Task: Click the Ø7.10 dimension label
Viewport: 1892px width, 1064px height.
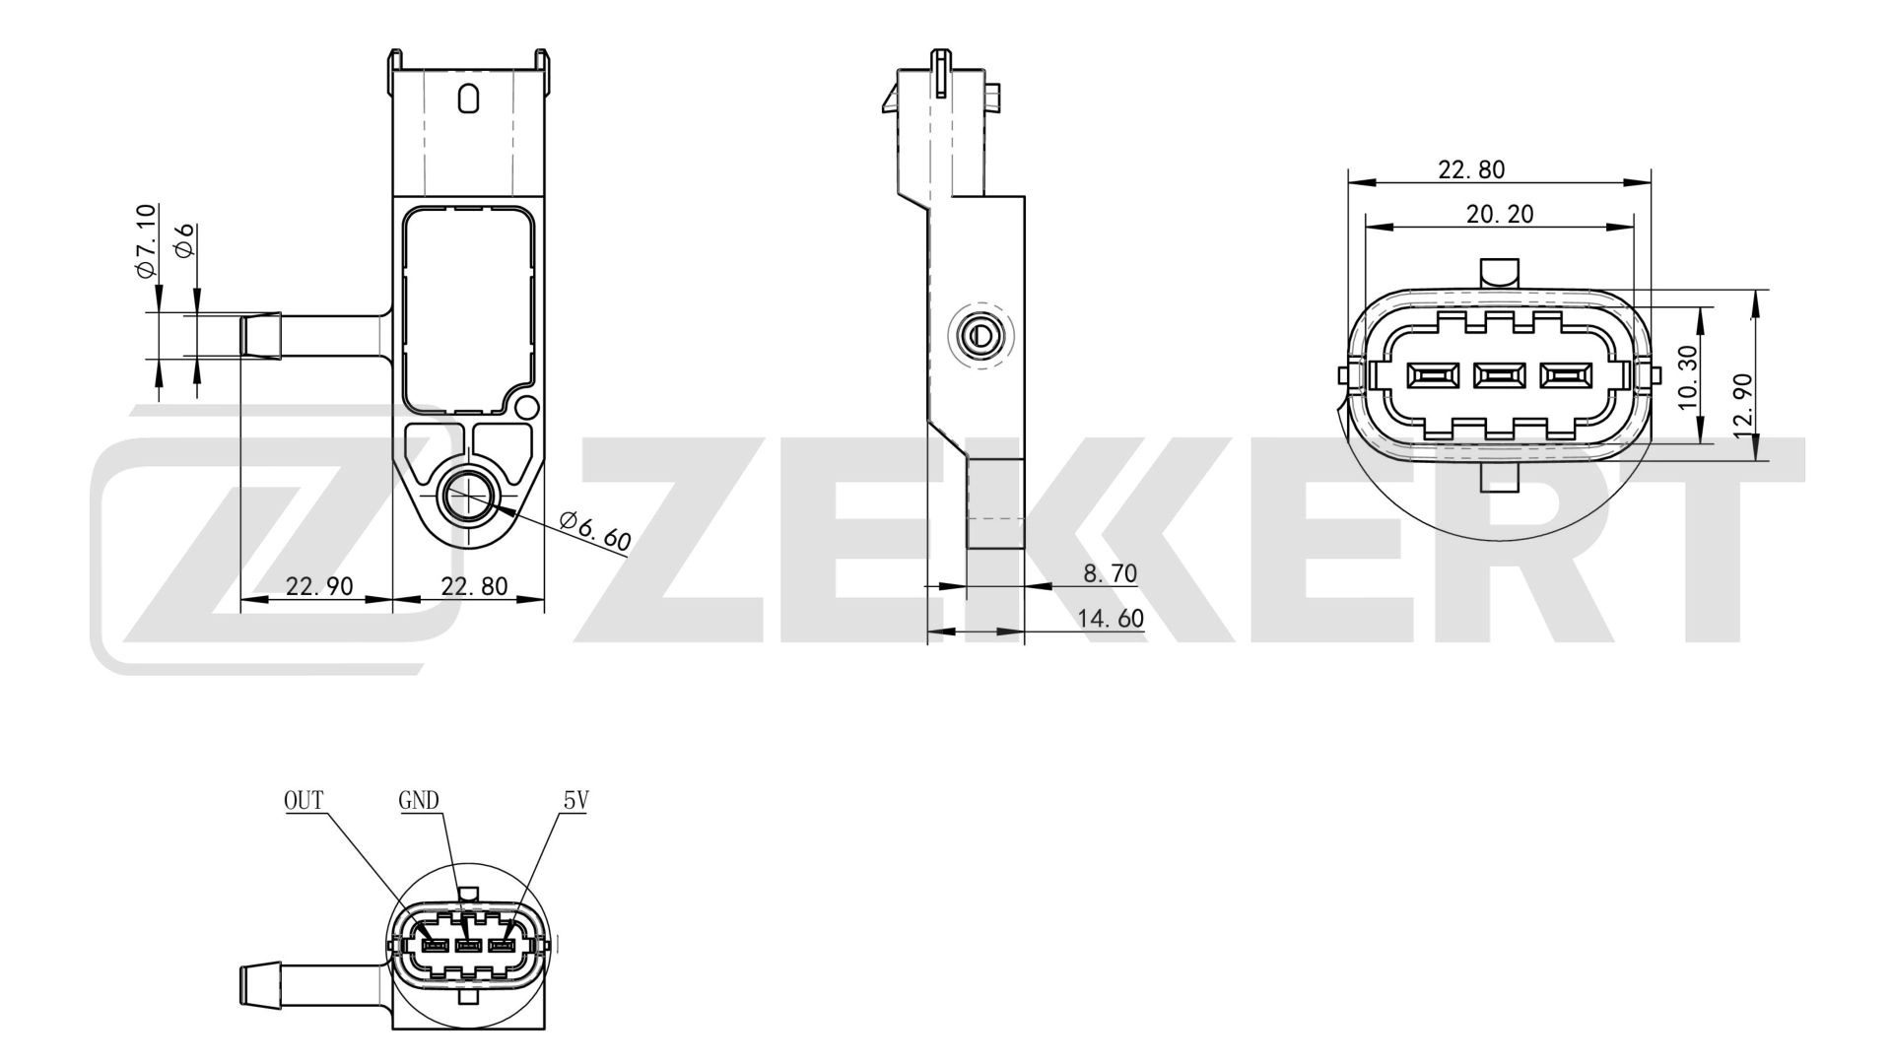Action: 145,239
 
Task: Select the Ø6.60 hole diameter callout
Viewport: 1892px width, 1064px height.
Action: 595,531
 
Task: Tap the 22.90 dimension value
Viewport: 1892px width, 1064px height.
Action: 318,586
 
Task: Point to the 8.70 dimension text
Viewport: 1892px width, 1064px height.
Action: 1111,573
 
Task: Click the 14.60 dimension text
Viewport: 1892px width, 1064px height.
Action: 1111,619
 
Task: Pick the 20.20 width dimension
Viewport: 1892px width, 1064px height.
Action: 1500,214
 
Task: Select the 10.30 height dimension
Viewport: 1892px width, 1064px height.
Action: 1687,377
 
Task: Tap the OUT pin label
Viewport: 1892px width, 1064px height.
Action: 304,800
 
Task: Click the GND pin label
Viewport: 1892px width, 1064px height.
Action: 419,800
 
